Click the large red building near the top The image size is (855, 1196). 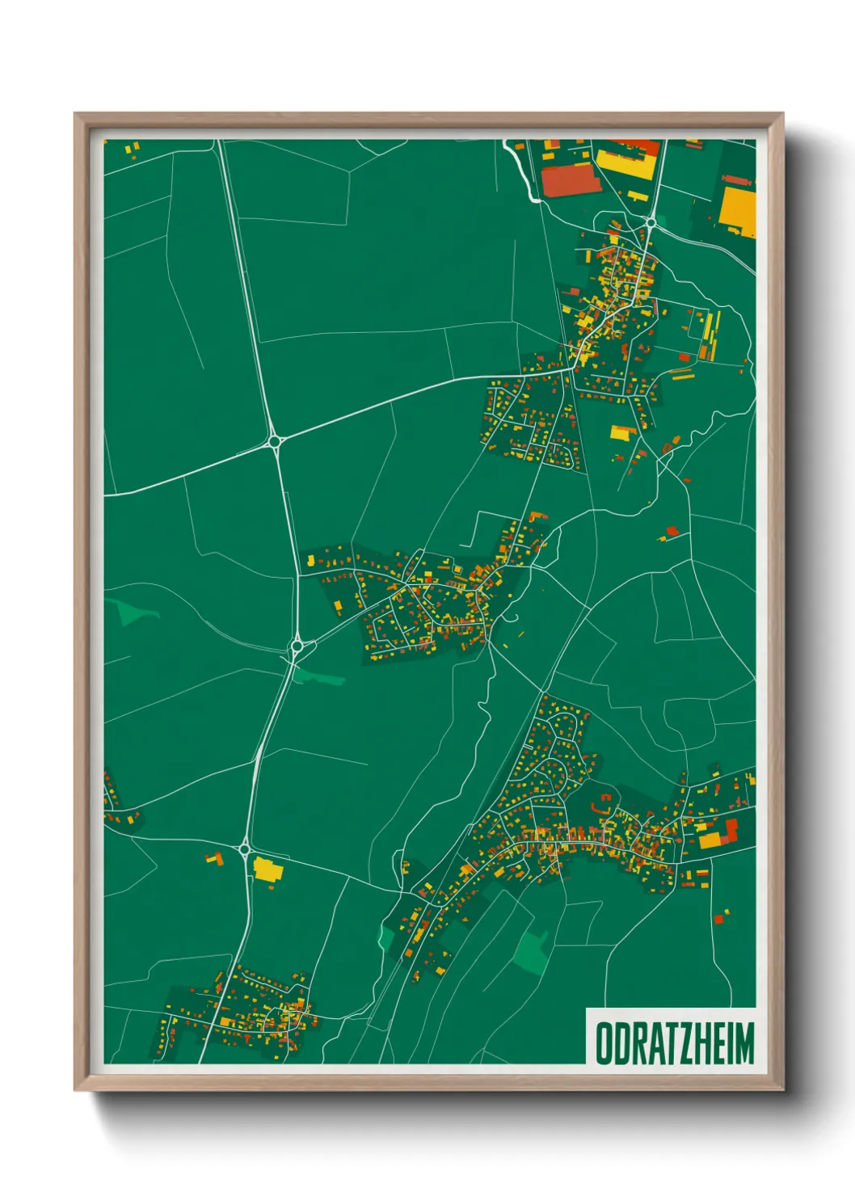coord(571,180)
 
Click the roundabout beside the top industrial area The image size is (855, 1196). coord(651,221)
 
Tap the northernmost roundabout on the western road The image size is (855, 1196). coord(275,441)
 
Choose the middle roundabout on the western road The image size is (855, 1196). coord(297,646)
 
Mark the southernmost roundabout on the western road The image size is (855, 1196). coord(245,849)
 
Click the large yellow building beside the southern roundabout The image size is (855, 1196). coord(266,870)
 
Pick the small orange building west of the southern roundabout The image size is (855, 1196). coord(214,858)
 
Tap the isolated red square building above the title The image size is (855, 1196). coord(718,918)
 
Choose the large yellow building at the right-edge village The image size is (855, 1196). coord(712,840)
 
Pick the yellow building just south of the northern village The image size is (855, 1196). coord(621,432)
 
